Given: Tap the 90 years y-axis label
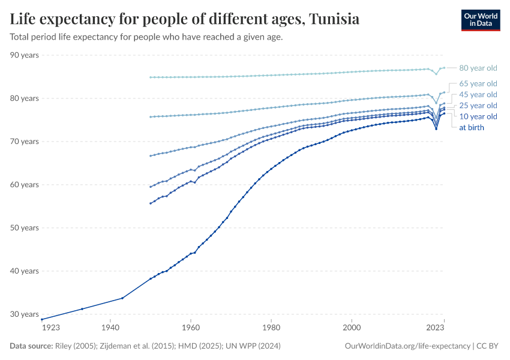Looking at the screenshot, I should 24,55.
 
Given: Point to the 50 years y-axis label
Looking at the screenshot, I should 24,228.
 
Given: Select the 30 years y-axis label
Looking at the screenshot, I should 24,314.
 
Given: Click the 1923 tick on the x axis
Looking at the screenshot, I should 50,328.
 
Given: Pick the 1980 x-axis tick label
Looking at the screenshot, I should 271,328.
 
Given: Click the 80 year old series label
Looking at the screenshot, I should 478,68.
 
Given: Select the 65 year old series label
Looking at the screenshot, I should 478,83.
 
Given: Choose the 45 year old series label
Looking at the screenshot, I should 478,95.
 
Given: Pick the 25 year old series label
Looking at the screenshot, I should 478,106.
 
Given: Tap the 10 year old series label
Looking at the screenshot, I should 478,116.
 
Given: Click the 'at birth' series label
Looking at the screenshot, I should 472,127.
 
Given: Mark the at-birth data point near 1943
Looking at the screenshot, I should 122,298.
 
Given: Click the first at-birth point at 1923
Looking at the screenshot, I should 42,319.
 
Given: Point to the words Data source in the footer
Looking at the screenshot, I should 31,346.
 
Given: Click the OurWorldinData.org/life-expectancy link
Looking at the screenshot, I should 407,346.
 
